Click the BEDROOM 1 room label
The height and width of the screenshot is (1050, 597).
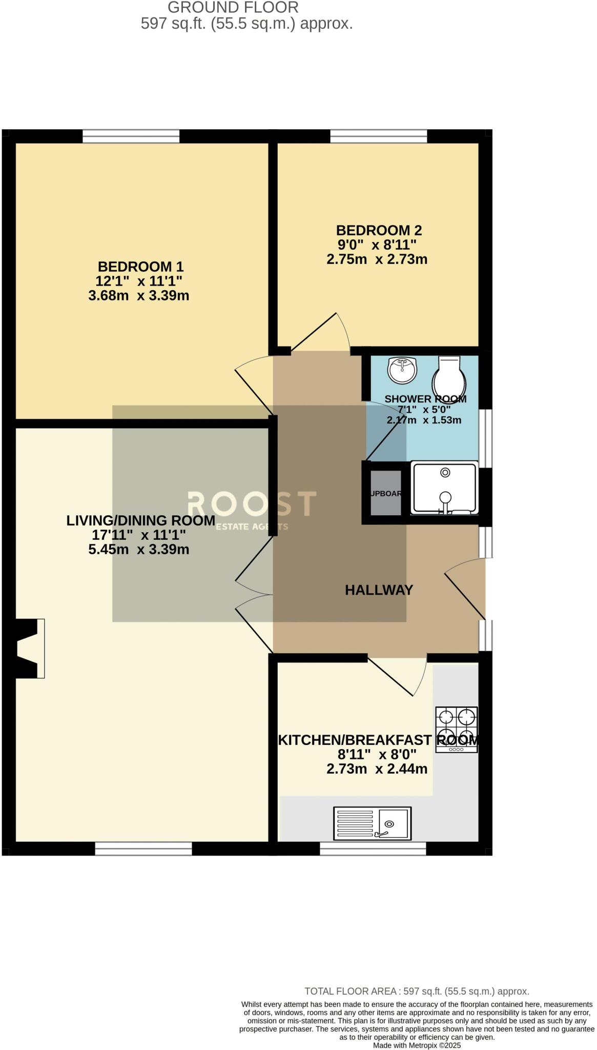[x=140, y=267]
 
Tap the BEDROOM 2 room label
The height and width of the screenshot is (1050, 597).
[x=379, y=230]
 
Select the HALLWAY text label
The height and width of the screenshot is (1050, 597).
[x=379, y=590]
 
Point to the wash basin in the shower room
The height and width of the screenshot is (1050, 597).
[x=402, y=370]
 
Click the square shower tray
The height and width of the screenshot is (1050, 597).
[x=445, y=488]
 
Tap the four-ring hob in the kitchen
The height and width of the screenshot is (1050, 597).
[x=456, y=730]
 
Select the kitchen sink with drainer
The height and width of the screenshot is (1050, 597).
[x=372, y=823]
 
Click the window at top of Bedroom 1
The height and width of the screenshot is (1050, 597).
[x=131, y=136]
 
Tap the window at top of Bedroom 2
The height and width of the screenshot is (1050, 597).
[x=378, y=136]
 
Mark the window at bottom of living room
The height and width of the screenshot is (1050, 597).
[x=143, y=849]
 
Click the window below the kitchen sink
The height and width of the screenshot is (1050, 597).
[x=373, y=849]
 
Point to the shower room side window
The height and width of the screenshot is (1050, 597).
[x=485, y=438]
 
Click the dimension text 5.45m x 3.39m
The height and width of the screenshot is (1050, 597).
[x=139, y=550]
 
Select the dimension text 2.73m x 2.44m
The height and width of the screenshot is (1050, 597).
[x=377, y=769]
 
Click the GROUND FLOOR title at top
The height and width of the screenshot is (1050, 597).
[x=233, y=8]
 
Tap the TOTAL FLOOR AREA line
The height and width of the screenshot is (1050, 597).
[x=417, y=992]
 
